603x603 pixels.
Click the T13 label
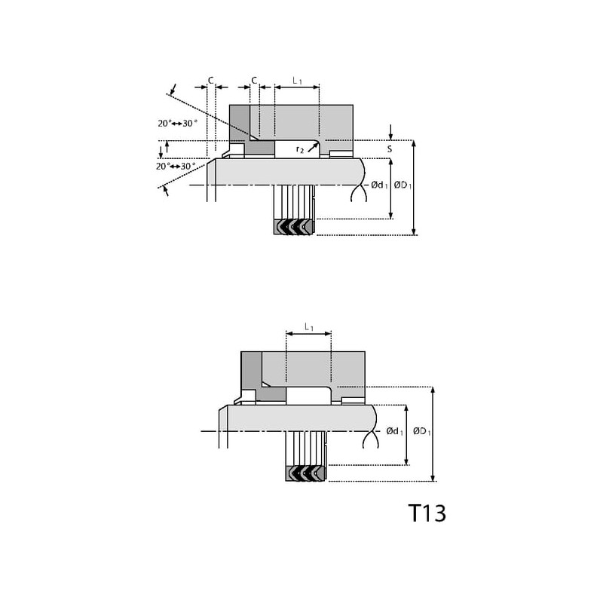tap(427, 513)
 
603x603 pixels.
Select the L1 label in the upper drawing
tap(297, 80)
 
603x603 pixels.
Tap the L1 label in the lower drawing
tap(308, 327)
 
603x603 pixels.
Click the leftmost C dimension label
tap(211, 80)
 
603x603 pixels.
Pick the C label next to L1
tap(254, 80)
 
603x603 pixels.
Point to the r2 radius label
tap(300, 149)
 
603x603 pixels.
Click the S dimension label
tap(390, 149)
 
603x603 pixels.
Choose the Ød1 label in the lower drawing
tap(395, 431)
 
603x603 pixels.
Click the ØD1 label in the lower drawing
tap(420, 431)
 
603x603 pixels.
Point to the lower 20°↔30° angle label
tap(175, 166)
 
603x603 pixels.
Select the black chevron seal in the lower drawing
tap(306, 473)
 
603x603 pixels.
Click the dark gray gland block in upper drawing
tap(240, 124)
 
